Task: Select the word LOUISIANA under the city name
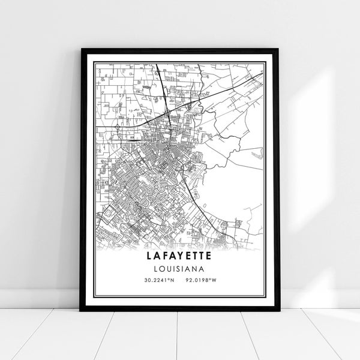(180, 268)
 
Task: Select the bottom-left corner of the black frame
(82, 310)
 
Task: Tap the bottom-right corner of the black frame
(278, 310)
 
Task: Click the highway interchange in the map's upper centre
(170, 111)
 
